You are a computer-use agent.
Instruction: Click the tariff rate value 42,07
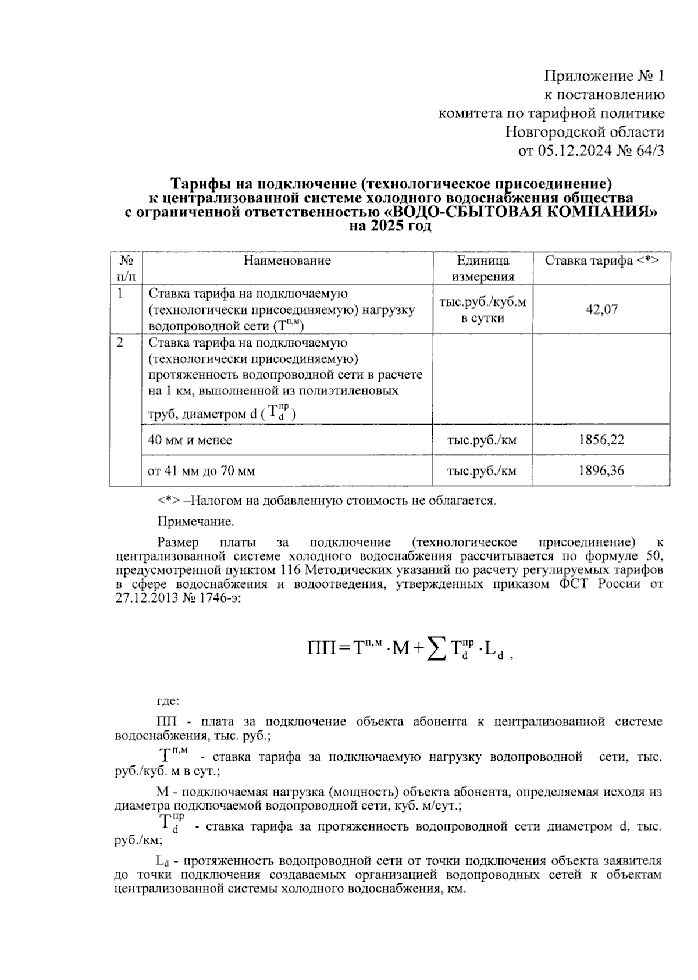(601, 309)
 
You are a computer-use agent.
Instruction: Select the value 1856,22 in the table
(601, 440)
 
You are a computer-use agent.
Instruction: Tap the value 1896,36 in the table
(601, 471)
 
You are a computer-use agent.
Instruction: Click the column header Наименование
(287, 261)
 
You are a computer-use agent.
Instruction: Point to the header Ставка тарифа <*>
(601, 261)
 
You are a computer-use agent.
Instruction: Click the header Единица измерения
(482, 268)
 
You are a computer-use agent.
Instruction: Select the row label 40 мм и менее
(190, 440)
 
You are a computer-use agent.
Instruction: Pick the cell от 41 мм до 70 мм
(201, 471)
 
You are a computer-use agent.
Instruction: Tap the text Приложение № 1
(604, 76)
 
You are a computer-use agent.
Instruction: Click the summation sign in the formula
(436, 647)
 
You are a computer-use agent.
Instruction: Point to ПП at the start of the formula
(322, 648)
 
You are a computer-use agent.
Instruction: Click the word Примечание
(195, 521)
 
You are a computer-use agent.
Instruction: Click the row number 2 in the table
(120, 343)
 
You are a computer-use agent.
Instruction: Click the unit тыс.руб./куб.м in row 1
(482, 302)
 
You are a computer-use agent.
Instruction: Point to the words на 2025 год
(390, 227)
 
